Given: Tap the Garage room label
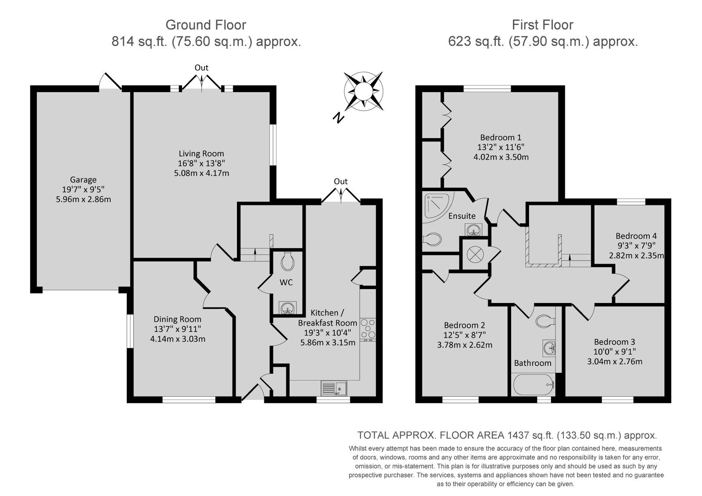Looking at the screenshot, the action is (83, 179).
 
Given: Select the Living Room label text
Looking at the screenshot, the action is (201, 153).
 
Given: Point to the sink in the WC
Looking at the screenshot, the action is (287, 308).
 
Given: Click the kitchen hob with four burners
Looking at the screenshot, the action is (368, 329).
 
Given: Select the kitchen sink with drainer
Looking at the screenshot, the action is (333, 388).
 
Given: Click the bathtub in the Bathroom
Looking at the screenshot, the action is (533, 385).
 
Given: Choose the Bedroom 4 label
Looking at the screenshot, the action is (636, 236).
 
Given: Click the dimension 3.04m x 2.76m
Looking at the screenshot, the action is (615, 361).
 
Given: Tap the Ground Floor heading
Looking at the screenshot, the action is (206, 25).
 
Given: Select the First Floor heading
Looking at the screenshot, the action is (542, 25).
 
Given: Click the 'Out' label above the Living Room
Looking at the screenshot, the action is (201, 68).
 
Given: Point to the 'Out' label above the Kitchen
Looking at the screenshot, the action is (340, 182).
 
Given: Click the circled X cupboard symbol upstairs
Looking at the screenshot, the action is (475, 254).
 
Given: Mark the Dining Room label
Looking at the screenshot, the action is (177, 319).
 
